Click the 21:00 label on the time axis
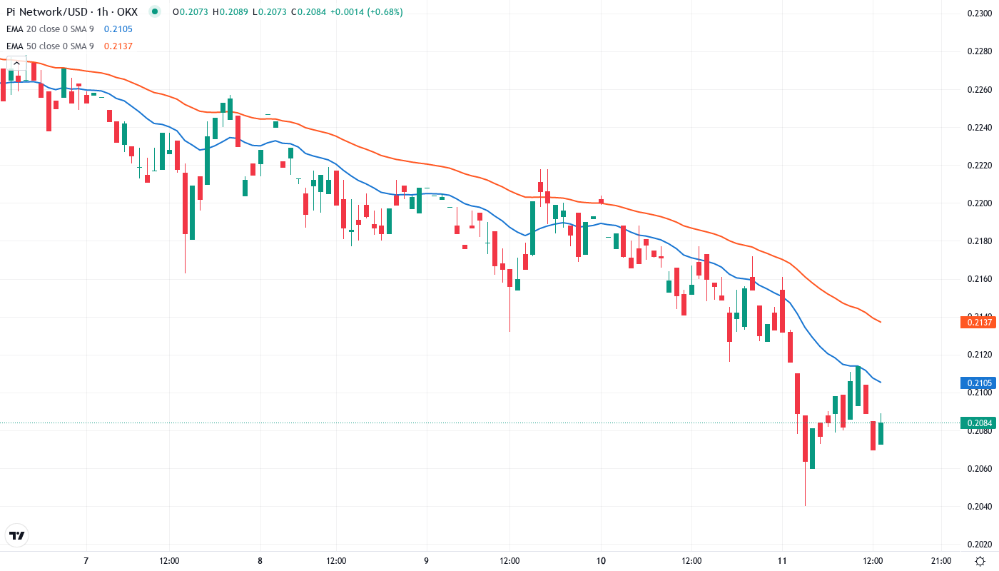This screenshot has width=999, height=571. tap(941, 561)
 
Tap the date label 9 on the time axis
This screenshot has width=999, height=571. tap(426, 561)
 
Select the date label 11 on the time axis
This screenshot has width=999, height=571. tap(782, 561)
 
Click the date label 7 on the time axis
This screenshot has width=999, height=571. tap(86, 561)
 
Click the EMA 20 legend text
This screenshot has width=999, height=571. tap(50, 29)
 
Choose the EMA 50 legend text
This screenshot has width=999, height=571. tap(50, 46)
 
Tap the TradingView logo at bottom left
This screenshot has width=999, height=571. tap(17, 535)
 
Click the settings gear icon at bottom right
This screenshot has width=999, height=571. tap(981, 561)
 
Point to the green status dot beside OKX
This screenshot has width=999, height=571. tap(155, 12)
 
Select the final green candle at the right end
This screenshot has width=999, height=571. tap(881, 433)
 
